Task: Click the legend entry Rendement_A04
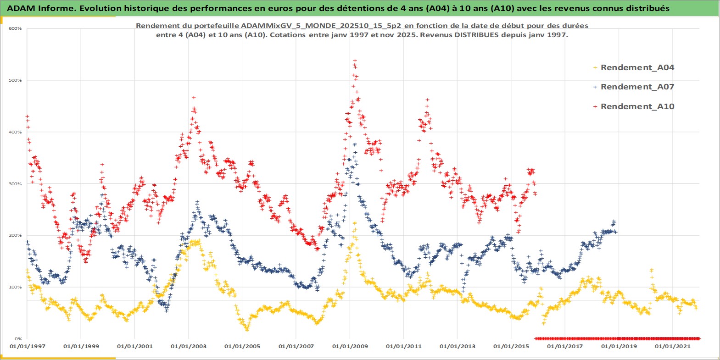click(637, 67)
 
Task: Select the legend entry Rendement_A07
click(637, 87)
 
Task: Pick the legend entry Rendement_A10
click(637, 106)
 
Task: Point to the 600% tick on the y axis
click(15, 28)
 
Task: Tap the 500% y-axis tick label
click(15, 80)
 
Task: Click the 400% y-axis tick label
click(15, 132)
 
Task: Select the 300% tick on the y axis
click(15, 184)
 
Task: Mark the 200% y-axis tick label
click(15, 235)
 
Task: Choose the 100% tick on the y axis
click(15, 287)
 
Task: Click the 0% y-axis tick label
click(17, 339)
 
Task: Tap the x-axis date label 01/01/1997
click(28, 346)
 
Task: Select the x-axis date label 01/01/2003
click(189, 346)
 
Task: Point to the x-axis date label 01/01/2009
click(350, 346)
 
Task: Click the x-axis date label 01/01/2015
click(511, 346)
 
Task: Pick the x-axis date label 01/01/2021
click(672, 346)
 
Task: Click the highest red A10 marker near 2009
click(355, 61)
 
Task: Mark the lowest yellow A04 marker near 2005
click(247, 329)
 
